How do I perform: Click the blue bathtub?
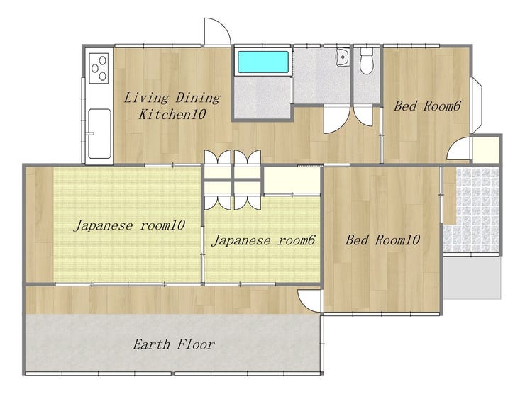click(x=262, y=62)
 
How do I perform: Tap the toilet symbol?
click(x=367, y=61)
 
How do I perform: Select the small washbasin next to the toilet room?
click(x=343, y=57)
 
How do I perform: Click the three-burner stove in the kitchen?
click(x=99, y=68)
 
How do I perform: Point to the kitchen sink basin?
click(x=100, y=133)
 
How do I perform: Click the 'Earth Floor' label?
click(x=173, y=344)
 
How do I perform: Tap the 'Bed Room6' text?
click(x=427, y=106)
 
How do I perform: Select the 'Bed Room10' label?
click(x=382, y=240)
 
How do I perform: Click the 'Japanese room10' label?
click(x=129, y=225)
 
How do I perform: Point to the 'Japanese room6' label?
click(x=263, y=240)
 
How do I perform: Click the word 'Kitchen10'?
click(x=172, y=115)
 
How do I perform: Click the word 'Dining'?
click(x=198, y=98)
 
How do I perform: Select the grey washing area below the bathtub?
click(x=262, y=97)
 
